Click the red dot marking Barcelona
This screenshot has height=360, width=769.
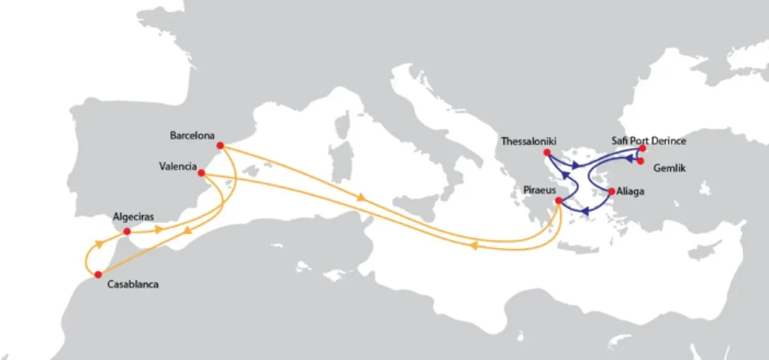(220, 145)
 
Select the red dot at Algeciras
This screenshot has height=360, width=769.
(127, 231)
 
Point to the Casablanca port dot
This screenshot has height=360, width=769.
(97, 274)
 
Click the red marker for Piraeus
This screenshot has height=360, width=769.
(558, 200)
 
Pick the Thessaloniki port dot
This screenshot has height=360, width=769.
(547, 152)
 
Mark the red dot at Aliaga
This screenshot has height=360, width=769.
(611, 191)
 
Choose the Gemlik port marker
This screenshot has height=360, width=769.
(641, 161)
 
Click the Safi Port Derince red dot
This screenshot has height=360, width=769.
(642, 149)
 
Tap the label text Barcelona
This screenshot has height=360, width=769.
(192, 136)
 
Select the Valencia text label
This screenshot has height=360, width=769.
(178, 167)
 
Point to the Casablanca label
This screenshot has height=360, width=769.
(133, 284)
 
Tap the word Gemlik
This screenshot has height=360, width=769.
(670, 168)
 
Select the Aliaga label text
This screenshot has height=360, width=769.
(633, 192)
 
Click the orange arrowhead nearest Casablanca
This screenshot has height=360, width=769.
(99, 243)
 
